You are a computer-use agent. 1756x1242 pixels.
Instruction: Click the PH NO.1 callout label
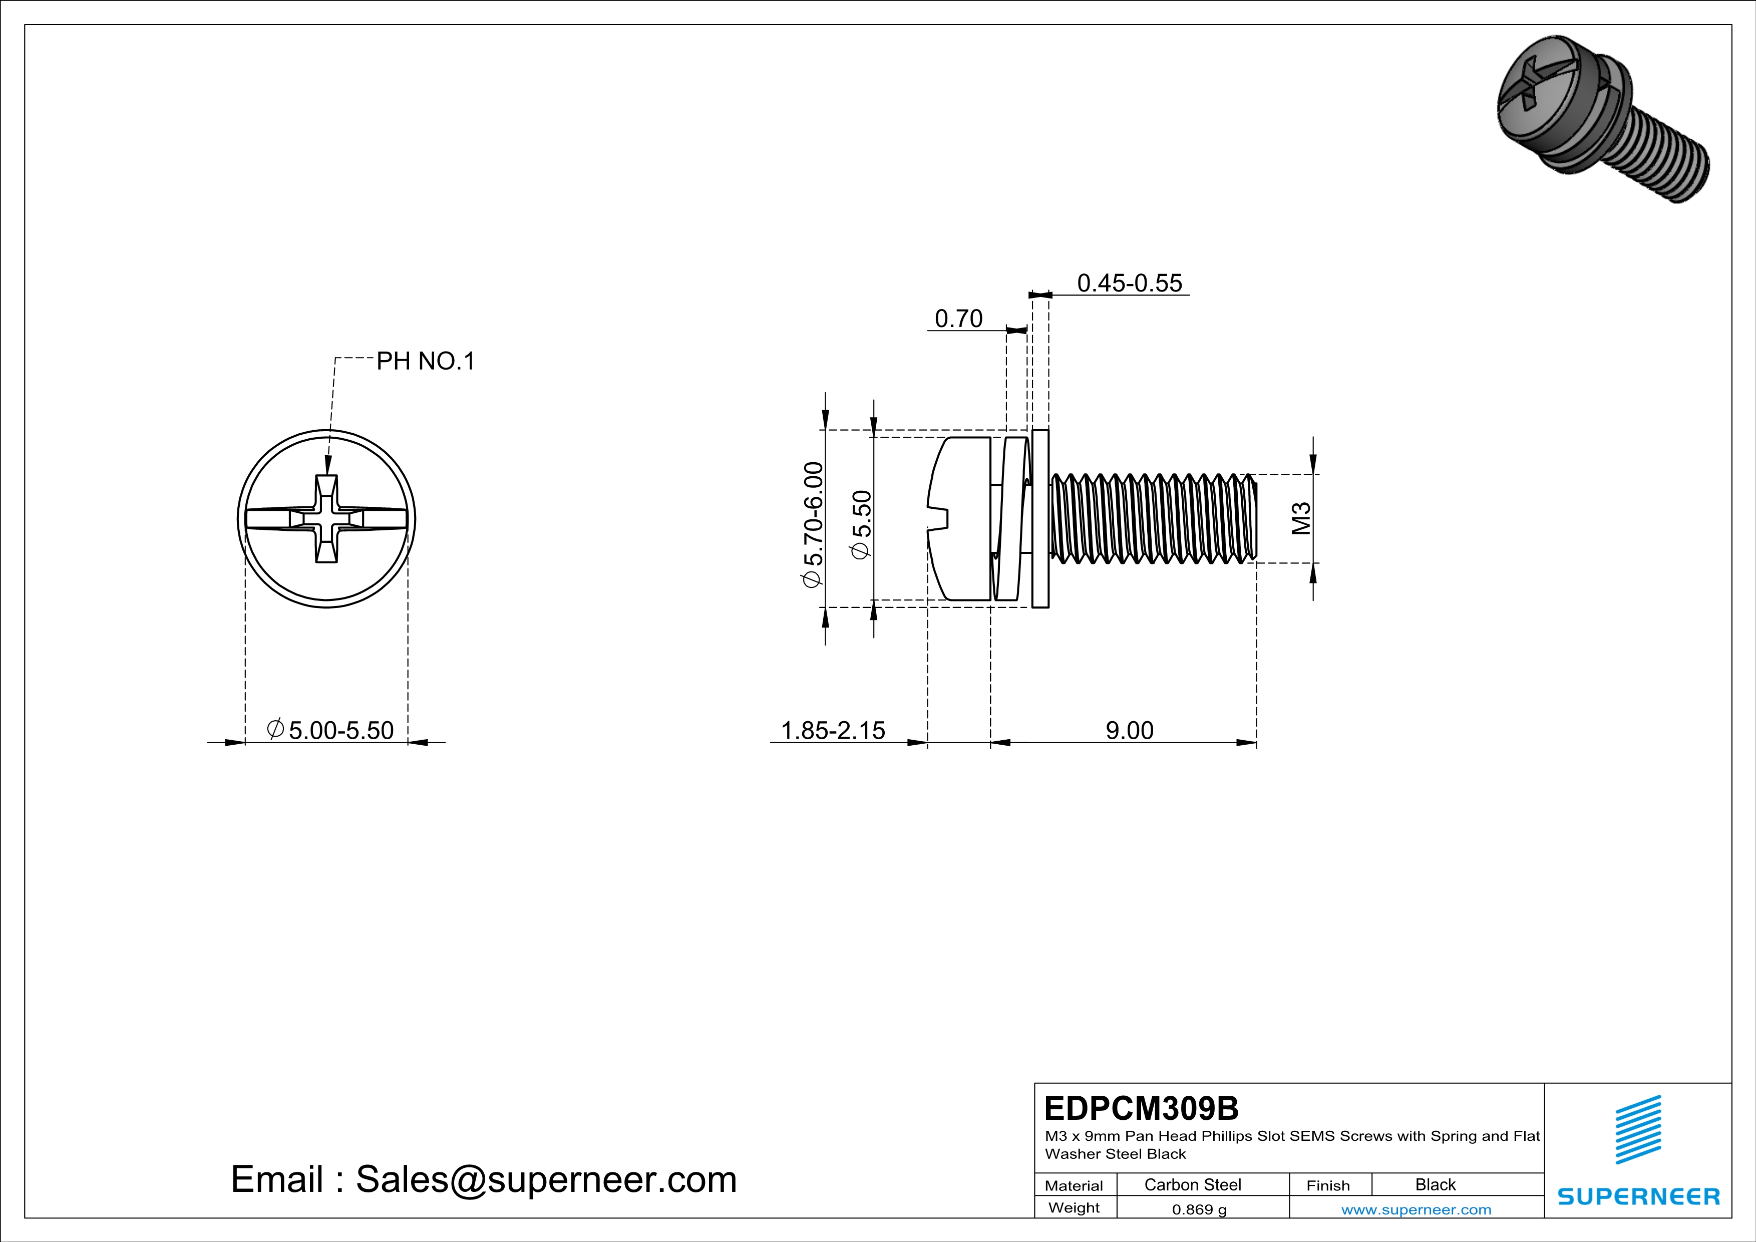(x=425, y=361)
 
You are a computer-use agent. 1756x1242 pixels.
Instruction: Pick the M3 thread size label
(x=1301, y=518)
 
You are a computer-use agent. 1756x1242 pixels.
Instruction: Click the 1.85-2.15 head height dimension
(x=832, y=730)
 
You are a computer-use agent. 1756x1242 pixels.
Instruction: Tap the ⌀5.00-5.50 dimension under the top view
(x=330, y=730)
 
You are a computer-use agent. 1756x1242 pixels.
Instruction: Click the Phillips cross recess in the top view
(x=326, y=519)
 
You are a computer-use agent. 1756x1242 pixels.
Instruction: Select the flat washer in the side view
(x=1040, y=519)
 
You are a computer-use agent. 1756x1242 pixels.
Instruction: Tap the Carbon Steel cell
(x=1192, y=1184)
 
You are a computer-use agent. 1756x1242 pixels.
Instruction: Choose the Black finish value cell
(x=1435, y=1184)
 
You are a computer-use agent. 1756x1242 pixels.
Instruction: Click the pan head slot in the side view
(x=938, y=518)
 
